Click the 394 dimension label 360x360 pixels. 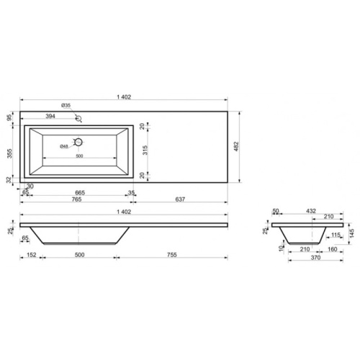tap(50, 116)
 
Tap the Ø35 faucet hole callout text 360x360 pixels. tap(66, 105)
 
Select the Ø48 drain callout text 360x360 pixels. tap(64, 146)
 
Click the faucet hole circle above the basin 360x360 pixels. tap(78, 118)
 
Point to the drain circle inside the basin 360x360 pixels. tap(78, 142)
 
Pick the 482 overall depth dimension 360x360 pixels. tap(236, 146)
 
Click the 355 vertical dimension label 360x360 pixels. tap(9, 153)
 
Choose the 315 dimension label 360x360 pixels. tap(145, 150)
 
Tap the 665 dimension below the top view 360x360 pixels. tap(80, 193)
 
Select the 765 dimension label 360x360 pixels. tap(76, 199)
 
